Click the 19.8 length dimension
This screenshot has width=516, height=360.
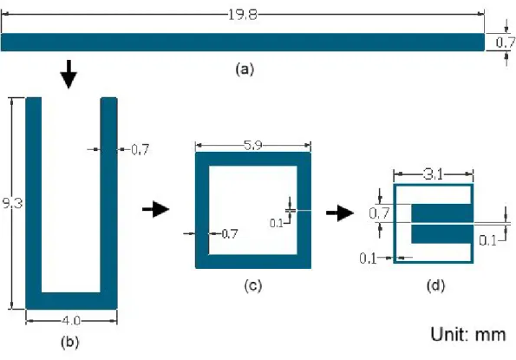point(242,15)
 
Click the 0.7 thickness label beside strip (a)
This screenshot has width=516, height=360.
point(506,43)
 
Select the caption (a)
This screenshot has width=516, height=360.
point(245,69)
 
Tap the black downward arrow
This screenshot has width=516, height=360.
point(69,75)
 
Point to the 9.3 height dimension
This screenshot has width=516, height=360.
point(12,203)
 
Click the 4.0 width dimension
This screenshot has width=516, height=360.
point(71,320)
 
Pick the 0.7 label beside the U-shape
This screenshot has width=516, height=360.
point(140,150)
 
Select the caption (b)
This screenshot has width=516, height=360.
point(69,343)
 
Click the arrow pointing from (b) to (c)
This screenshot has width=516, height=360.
point(155,209)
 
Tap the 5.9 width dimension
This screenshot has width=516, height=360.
point(253,146)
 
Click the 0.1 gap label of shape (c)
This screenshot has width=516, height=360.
point(277,224)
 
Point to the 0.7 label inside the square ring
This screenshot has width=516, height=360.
point(230,234)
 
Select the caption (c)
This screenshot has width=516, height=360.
point(252,285)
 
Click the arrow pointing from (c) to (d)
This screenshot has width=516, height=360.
point(340,213)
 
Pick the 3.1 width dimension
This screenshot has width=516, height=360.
point(434,174)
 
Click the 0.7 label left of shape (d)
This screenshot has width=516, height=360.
point(379,213)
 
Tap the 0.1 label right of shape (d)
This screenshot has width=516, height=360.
point(487,240)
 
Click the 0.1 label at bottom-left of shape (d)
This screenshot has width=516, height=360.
point(368,259)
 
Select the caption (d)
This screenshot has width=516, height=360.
point(435,285)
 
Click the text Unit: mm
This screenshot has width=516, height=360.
point(468,334)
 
